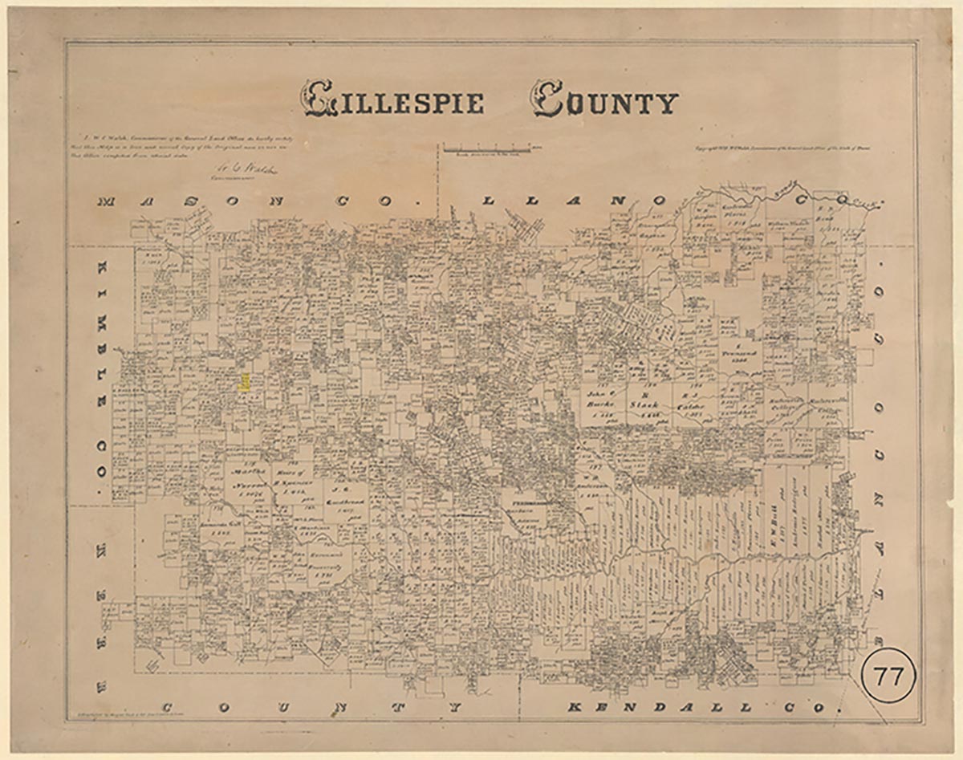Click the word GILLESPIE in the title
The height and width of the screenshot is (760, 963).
pyautogui.click(x=392, y=100)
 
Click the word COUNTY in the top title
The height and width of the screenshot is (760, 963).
pyautogui.click(x=603, y=100)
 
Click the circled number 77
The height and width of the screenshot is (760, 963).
pyautogui.click(x=888, y=677)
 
